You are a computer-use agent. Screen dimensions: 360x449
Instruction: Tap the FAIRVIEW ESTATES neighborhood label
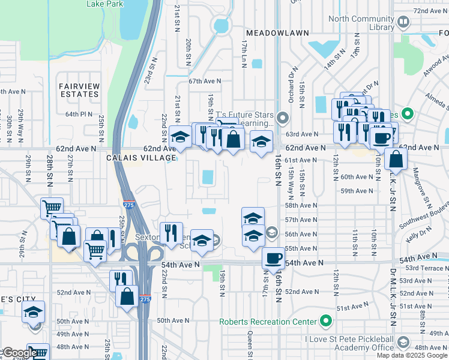79,90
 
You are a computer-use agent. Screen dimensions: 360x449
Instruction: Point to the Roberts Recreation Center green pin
326,321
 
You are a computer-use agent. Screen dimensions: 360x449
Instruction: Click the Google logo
19,353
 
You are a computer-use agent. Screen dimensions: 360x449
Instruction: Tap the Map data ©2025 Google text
411,355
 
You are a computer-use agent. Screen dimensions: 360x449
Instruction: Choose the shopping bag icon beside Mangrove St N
396,160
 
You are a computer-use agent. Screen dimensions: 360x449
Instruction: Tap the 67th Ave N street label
205,81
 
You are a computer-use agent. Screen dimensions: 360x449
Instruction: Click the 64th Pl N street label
79,114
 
